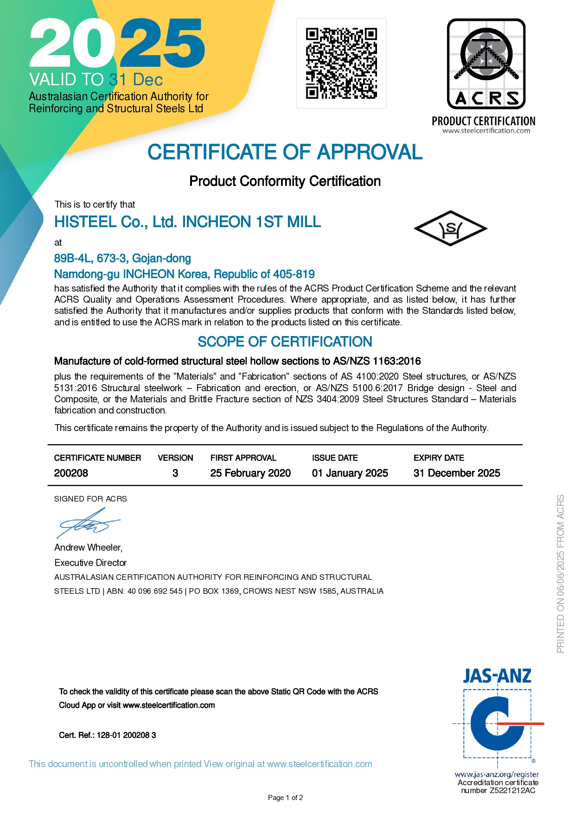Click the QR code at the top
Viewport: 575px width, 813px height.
[341, 64]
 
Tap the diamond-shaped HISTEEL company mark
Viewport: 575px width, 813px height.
[450, 228]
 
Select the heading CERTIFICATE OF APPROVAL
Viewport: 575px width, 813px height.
[285, 152]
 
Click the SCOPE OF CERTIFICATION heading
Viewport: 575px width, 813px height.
[285, 342]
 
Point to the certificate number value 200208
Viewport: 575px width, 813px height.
[71, 473]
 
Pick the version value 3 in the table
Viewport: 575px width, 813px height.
[175, 473]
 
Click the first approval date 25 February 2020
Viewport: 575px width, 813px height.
[250, 473]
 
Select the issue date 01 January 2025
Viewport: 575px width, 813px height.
[350, 473]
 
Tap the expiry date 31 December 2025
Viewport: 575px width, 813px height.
[457, 473]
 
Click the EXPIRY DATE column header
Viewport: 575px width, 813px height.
[439, 458]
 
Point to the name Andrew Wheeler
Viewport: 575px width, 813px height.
[88, 547]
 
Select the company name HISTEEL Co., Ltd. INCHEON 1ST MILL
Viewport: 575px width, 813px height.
[187, 222]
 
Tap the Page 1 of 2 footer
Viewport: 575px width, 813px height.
[285, 798]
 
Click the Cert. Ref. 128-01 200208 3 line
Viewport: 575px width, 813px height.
[108, 735]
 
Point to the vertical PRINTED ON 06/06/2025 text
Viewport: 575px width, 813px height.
[561, 574]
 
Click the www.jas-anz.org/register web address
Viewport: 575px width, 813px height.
[497, 774]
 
